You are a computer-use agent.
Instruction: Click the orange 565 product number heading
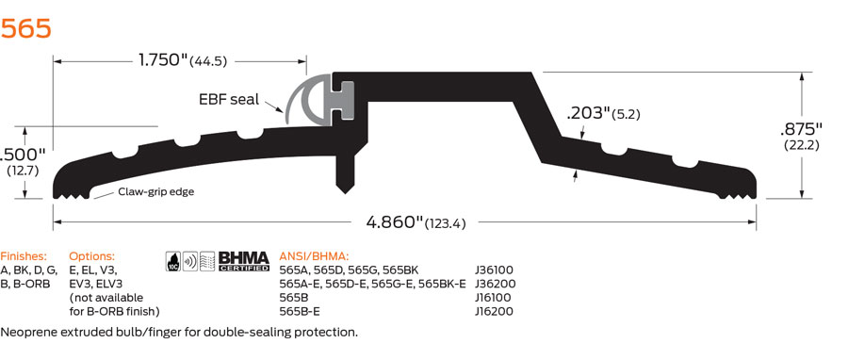[26, 28]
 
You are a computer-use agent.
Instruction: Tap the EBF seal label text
[229, 99]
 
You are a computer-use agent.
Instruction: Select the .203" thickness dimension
[603, 114]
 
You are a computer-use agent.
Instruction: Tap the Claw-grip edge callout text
[155, 191]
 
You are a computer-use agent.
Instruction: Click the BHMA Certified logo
[243, 261]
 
